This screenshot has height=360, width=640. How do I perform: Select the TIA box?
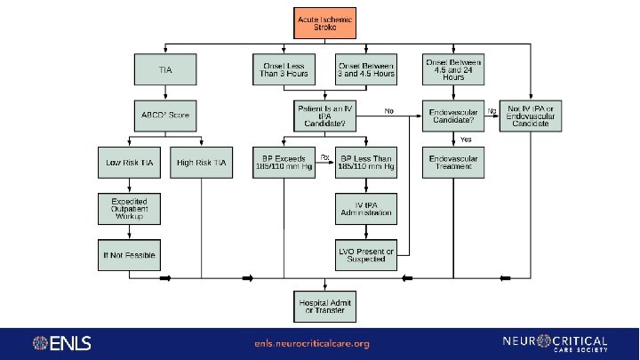pos(164,69)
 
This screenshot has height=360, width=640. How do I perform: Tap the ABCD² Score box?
pos(164,115)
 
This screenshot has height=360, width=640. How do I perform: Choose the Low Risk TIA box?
pos(128,163)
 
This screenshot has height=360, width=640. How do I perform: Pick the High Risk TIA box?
pos(202,163)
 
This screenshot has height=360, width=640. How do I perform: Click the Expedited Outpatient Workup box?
pos(128,210)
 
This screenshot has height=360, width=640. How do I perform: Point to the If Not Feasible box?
pos(128,255)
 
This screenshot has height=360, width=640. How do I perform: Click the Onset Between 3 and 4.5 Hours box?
pos(364,69)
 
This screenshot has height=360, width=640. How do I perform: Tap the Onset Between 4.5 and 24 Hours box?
pos(453,69)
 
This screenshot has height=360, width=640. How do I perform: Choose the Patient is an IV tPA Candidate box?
pos(324,115)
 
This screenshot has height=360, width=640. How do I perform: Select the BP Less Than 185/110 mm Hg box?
pos(364,163)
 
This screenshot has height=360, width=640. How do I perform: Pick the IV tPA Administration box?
pos(364,210)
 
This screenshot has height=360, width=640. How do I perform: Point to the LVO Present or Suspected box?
pos(364,255)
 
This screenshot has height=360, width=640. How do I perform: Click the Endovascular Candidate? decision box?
pos(453,116)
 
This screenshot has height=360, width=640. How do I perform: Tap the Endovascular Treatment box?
pos(453,163)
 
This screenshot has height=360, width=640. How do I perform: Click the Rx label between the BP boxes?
pos(324,157)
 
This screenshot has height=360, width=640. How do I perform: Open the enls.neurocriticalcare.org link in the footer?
pos(311,343)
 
